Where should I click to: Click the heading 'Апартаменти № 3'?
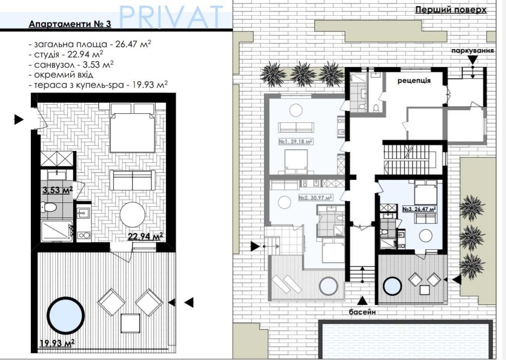70,24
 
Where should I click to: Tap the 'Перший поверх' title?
450,10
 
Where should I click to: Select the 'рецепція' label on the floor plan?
414,80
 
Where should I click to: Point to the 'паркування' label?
473,51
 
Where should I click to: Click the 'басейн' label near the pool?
362,312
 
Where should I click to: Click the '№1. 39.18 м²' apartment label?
296,141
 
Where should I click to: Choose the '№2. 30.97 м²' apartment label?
315,197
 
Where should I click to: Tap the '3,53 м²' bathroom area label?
58,190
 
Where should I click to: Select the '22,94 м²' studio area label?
145,237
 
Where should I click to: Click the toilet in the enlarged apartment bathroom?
49,207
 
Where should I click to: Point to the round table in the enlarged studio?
132,215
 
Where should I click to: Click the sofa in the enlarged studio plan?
132,180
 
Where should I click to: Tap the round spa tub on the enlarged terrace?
64,316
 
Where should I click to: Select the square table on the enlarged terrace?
131,324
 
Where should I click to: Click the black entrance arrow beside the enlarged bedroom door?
19,119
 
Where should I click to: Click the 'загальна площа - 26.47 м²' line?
90,44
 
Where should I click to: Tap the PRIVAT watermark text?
172,16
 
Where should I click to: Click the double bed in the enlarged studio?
132,128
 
